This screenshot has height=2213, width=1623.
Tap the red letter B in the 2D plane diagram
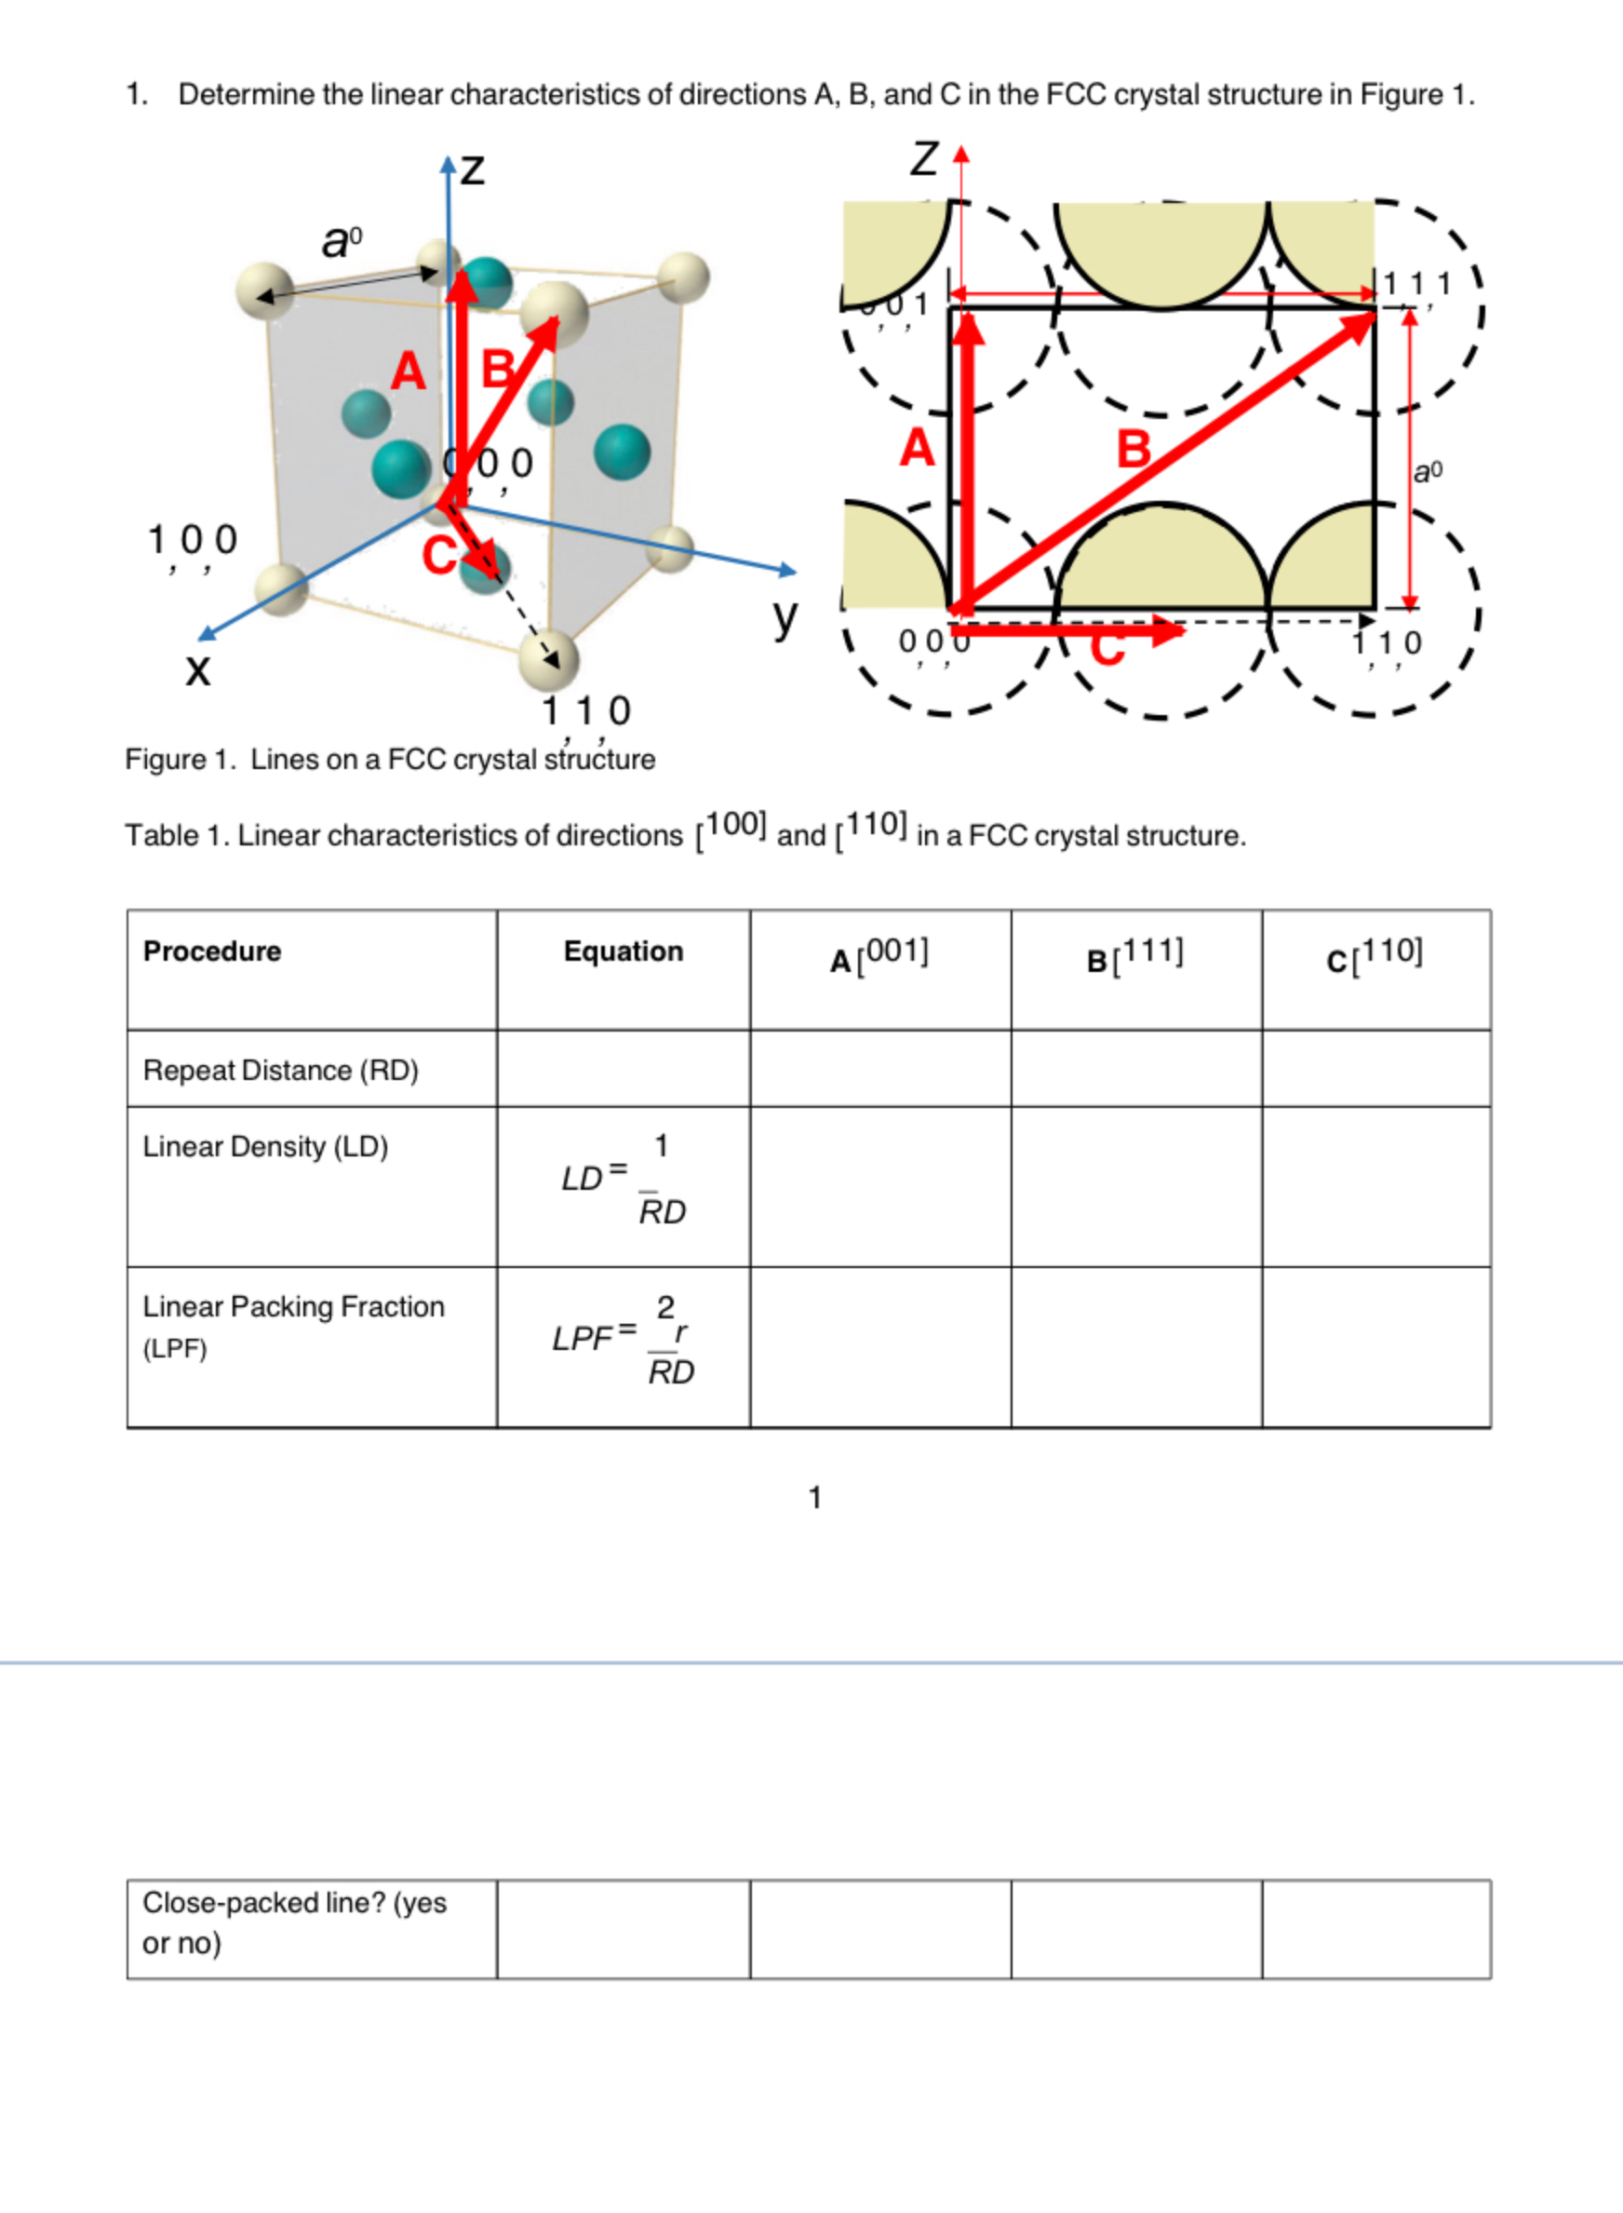click(x=1133, y=449)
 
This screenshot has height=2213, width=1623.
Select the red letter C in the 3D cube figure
click(x=438, y=556)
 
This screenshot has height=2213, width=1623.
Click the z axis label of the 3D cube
click(x=473, y=169)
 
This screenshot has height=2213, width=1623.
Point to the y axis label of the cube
click(x=784, y=617)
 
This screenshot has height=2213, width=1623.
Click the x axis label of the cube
click(x=197, y=670)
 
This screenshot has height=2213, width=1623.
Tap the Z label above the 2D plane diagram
click(x=923, y=158)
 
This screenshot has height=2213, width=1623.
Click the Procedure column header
click(x=212, y=951)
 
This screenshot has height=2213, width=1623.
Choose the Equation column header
click(x=623, y=951)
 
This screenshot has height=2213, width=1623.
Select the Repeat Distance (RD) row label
click(x=281, y=1070)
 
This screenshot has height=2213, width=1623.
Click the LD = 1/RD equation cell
click(x=624, y=1180)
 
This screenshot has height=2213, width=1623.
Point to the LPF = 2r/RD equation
click(x=624, y=1340)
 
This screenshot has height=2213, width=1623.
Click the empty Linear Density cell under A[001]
click(x=879, y=1186)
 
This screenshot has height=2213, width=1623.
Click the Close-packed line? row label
click(x=294, y=1923)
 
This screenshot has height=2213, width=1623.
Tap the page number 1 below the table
click(x=814, y=1498)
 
